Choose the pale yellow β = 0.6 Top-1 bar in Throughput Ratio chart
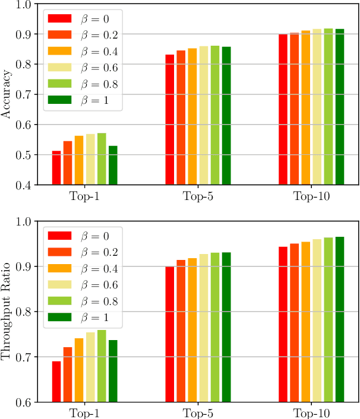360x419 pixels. pyautogui.click(x=90, y=367)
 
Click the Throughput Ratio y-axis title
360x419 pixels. pyautogui.click(x=7, y=312)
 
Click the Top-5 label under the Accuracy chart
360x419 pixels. pyautogui.click(x=198, y=196)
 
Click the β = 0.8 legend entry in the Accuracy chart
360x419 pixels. pyautogui.click(x=83, y=84)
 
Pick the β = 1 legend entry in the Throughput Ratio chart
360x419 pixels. pyautogui.click(x=83, y=319)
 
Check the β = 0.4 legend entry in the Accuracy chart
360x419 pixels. pyautogui.click(x=83, y=50)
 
